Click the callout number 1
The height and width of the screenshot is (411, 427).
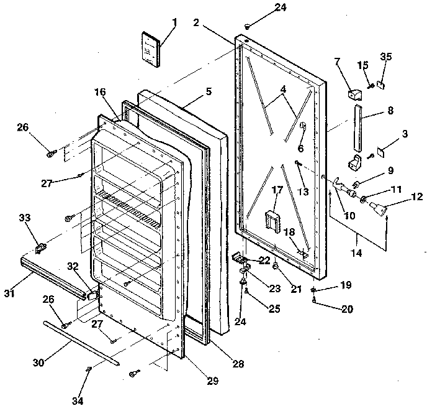174,22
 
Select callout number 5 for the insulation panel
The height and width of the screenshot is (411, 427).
209,91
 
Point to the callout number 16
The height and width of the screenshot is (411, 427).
100,91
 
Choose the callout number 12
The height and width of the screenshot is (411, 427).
416,197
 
